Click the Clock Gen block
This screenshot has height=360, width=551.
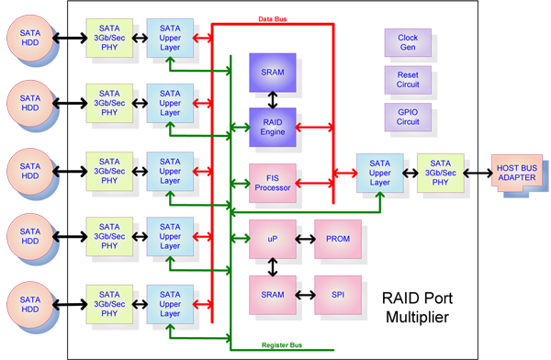click(x=408, y=42)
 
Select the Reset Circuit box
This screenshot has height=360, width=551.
click(x=408, y=80)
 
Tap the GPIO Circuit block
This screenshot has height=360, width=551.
click(x=408, y=117)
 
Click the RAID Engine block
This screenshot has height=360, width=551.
click(x=273, y=127)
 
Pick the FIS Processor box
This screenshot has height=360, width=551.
click(x=273, y=183)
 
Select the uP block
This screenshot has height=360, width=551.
click(x=273, y=239)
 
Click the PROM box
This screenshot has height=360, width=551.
click(x=338, y=239)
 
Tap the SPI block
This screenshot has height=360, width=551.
click(x=338, y=295)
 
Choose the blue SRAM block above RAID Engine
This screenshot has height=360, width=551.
click(x=273, y=73)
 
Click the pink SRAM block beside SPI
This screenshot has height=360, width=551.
click(x=273, y=295)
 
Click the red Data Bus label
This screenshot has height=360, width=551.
click(x=273, y=19)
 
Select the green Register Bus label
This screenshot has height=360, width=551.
click(x=282, y=345)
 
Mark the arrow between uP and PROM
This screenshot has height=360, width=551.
click(x=306, y=239)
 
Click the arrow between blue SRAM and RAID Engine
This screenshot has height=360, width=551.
click(x=273, y=100)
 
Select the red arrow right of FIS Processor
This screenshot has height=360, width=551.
click(x=314, y=183)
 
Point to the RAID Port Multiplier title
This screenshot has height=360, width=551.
click(x=417, y=308)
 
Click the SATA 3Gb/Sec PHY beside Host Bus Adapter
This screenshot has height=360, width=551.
click(x=440, y=173)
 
